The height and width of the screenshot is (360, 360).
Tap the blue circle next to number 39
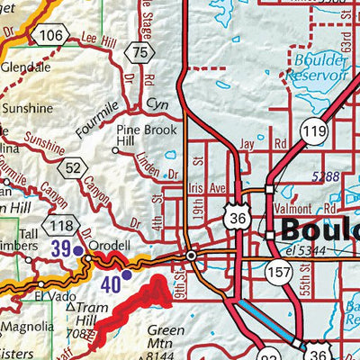coord(77,250)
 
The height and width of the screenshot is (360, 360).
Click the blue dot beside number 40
coord(126,274)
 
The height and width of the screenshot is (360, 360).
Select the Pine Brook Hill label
coord(137,135)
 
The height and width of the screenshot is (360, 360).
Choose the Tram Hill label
coord(85,316)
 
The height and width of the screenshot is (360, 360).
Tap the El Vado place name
coord(54,294)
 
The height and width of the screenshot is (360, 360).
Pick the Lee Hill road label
coord(98,40)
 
